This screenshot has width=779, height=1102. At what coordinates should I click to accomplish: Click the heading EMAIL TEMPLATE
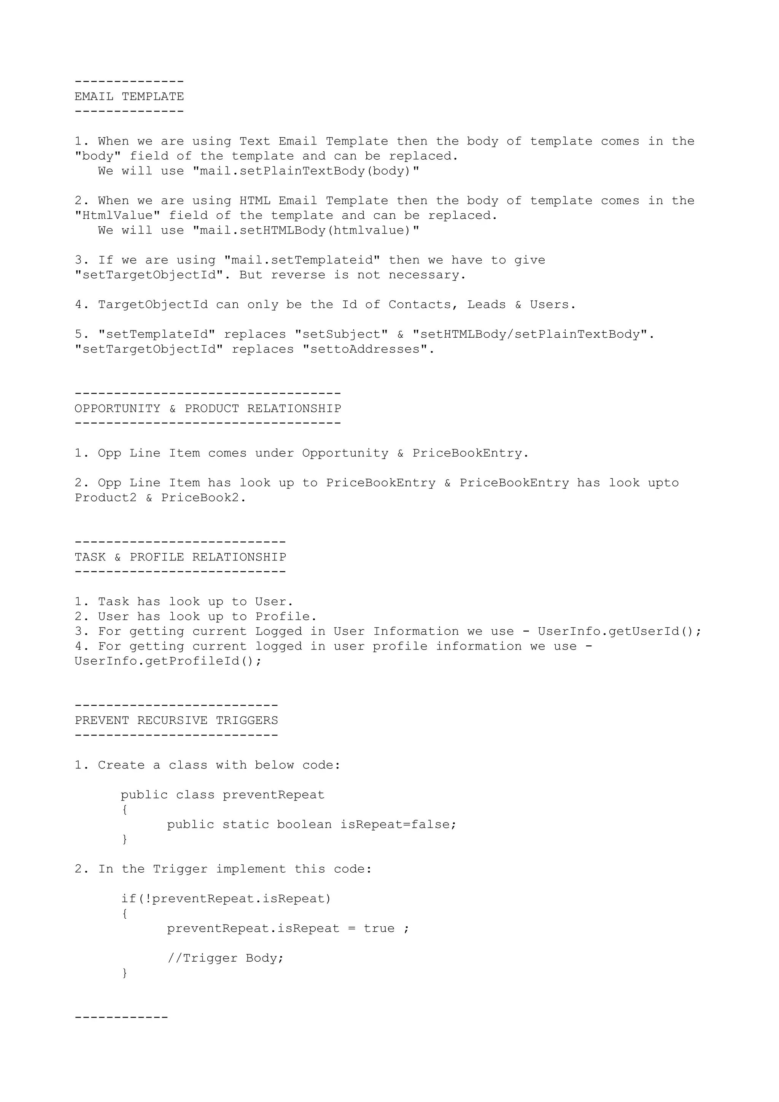(129, 97)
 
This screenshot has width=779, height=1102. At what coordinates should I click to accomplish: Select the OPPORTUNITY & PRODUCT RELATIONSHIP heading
(208, 408)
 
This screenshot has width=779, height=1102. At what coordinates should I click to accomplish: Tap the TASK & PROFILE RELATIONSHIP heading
(180, 557)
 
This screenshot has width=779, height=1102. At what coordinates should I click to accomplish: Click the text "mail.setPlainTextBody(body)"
(306, 171)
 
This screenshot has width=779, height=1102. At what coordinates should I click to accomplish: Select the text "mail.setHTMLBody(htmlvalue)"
(306, 230)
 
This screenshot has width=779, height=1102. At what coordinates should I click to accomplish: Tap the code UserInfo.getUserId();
(619, 631)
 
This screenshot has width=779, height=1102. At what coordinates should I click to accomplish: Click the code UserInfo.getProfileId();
(168, 661)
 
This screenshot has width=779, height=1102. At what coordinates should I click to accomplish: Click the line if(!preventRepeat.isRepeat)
(226, 899)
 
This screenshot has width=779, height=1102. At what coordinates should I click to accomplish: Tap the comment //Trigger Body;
(226, 958)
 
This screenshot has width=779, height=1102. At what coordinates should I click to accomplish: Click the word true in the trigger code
(379, 928)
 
